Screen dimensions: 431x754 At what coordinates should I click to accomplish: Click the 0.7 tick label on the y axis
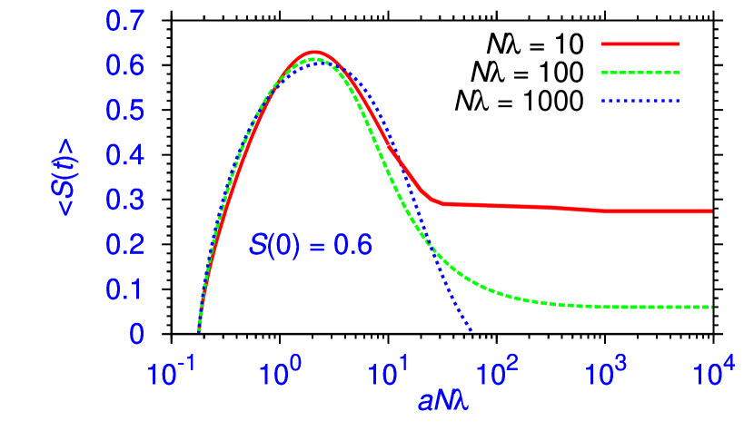pos(125,22)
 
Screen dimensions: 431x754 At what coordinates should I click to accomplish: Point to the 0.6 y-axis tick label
pos(125,66)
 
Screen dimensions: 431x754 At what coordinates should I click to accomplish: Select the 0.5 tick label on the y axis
pos(125,111)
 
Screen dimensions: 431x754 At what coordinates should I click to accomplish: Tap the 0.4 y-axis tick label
pos(125,156)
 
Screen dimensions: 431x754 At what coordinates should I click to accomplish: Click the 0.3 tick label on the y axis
pos(125,201)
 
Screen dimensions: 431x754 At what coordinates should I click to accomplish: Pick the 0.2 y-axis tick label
pos(125,245)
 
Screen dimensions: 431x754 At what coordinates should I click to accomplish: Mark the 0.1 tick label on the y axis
pos(125,289)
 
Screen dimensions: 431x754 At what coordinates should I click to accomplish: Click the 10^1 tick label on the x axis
pos(392,372)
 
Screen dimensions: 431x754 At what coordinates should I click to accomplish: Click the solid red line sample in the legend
pos(640,43)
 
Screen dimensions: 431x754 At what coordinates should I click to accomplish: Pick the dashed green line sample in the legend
pos(640,73)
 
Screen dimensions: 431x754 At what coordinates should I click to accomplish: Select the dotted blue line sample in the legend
pos(640,102)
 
